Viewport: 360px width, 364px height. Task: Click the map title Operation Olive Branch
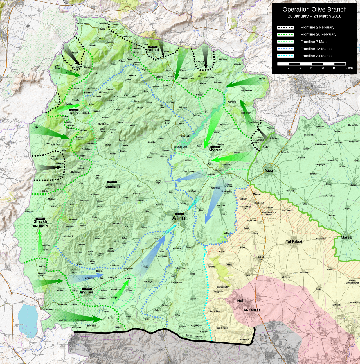(x=314, y=9)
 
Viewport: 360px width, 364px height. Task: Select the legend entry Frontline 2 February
(x=317, y=27)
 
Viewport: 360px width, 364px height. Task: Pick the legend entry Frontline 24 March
(x=316, y=56)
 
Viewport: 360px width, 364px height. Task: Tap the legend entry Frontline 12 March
(x=316, y=49)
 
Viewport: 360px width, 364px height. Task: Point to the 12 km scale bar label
(x=348, y=68)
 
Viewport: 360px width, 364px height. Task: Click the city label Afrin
(x=179, y=218)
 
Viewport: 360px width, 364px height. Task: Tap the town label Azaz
(x=269, y=171)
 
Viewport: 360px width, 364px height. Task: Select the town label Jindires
(x=86, y=292)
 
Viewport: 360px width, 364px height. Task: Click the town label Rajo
(x=74, y=113)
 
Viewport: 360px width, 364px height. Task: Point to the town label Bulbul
(x=153, y=50)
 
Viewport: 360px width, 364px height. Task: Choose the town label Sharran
(x=215, y=150)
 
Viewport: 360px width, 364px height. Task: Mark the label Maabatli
(x=112, y=187)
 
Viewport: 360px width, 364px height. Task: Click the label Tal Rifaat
(x=294, y=241)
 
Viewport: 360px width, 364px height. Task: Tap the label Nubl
(x=241, y=301)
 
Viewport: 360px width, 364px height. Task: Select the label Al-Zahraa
(x=252, y=310)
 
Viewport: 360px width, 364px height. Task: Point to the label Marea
(x=346, y=238)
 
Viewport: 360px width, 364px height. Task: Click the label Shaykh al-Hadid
(x=40, y=224)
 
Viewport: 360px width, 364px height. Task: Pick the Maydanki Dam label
(x=180, y=147)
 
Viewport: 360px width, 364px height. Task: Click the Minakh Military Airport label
(x=269, y=214)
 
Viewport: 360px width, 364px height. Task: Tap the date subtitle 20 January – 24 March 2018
(x=314, y=16)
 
